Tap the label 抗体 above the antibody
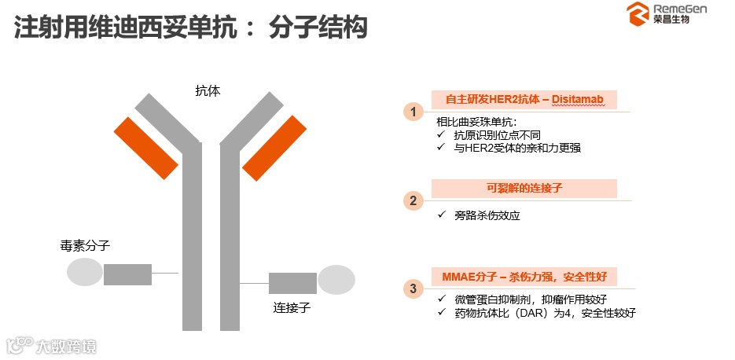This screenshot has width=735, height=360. click(x=208, y=90)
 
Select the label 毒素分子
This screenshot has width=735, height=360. click(x=85, y=245)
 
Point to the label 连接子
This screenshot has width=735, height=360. click(x=292, y=307)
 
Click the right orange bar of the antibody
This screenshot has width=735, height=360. click(x=274, y=147)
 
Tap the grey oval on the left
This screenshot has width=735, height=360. click(x=84, y=272)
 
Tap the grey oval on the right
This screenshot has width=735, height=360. click(x=336, y=281)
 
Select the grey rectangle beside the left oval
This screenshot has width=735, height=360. click(x=127, y=274)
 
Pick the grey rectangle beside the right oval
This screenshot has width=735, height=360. click(x=292, y=283)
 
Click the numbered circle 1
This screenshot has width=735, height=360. click(x=413, y=112)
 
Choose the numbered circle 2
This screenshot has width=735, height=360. click(x=413, y=200)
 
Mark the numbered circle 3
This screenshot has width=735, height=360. click(x=413, y=288)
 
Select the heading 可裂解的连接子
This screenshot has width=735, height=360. click(x=524, y=189)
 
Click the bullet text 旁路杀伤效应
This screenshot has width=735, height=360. click(x=487, y=215)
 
